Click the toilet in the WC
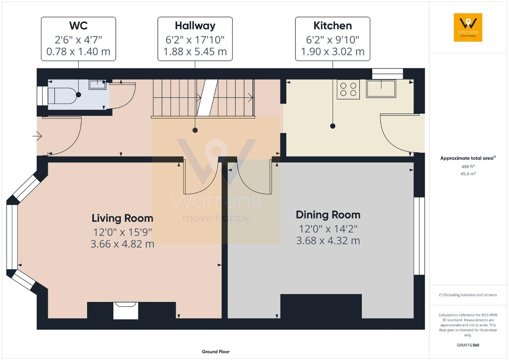(x=63, y=95)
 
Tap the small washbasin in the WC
(x=97, y=85)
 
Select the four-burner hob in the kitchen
(x=348, y=89)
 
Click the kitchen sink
(x=381, y=89)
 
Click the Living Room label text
(x=122, y=219)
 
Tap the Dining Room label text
(x=328, y=215)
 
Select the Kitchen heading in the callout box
(x=333, y=26)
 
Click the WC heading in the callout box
(x=78, y=25)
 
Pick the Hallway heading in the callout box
(x=195, y=26)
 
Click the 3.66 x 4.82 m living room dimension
(x=122, y=244)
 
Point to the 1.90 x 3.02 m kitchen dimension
(x=333, y=52)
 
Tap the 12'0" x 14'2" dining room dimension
(x=328, y=229)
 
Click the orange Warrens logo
(x=468, y=27)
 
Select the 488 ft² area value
(x=468, y=166)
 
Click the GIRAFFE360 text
(x=468, y=345)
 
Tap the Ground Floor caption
(x=216, y=352)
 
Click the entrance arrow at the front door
(x=37, y=136)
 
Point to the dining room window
(x=419, y=236)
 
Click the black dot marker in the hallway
(x=195, y=130)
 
